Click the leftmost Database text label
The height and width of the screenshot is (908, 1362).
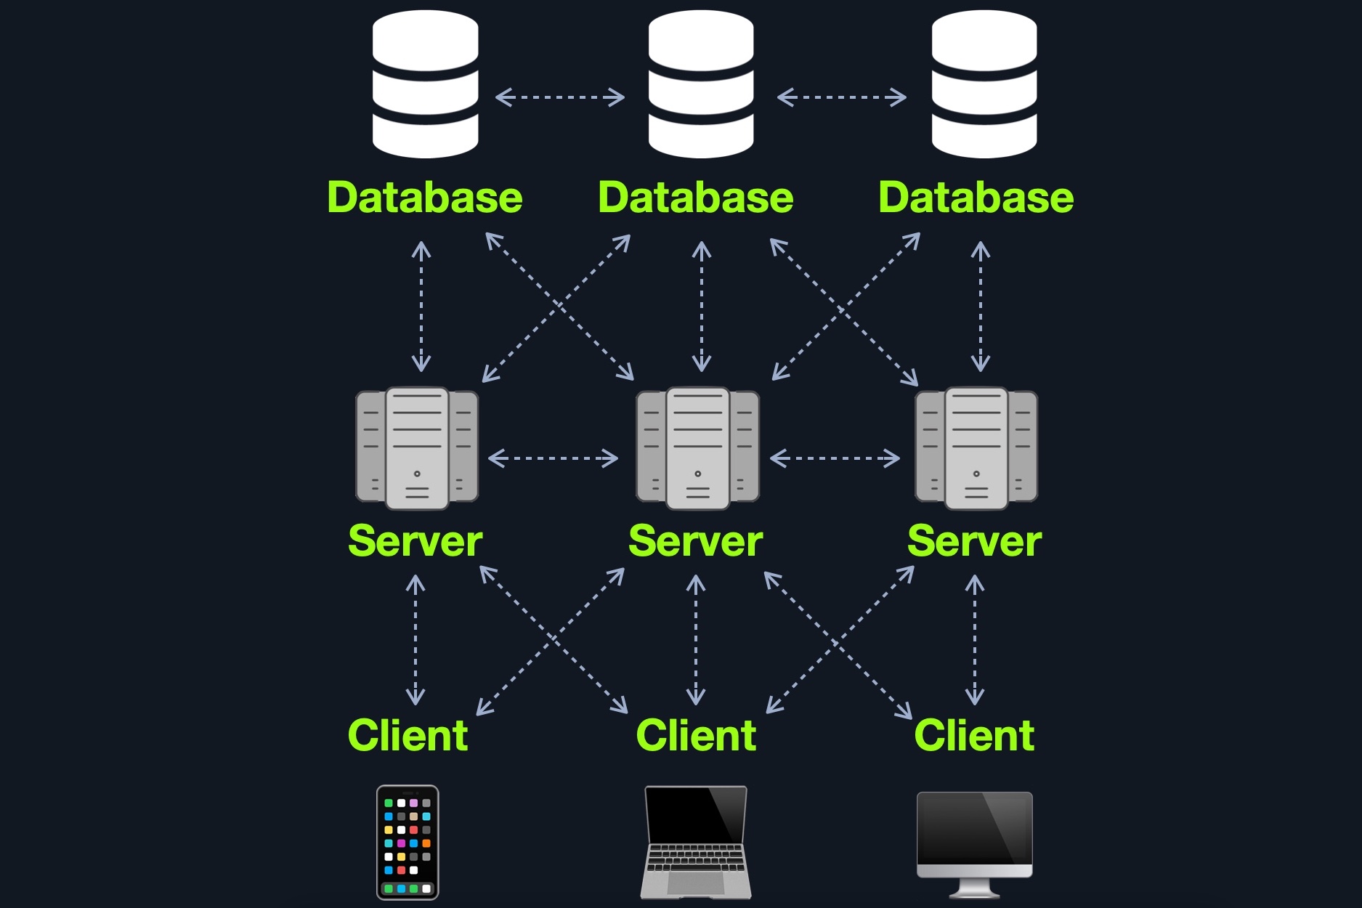point(425,198)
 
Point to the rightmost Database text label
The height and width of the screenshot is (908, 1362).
point(976,198)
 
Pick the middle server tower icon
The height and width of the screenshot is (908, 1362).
point(697,448)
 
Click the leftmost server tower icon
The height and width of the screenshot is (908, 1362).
point(417,448)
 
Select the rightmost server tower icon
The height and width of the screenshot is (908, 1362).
point(976,448)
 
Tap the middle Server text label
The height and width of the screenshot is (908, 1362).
point(695,541)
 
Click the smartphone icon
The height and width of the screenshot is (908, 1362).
point(408,843)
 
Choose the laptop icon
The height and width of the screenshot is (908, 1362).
point(696,843)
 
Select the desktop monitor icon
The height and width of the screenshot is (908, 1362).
point(974,835)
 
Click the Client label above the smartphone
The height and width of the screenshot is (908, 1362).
point(408,735)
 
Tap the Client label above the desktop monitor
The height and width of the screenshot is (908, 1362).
point(974,735)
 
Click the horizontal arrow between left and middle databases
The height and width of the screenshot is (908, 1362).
point(559,97)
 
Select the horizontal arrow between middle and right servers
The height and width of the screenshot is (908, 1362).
point(835,458)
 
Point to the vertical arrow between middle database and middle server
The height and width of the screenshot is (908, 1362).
point(701,307)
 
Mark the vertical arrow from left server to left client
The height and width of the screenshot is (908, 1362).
point(416,640)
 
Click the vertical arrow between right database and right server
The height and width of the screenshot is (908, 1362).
point(981,307)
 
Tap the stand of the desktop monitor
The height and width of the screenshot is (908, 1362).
point(974,888)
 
